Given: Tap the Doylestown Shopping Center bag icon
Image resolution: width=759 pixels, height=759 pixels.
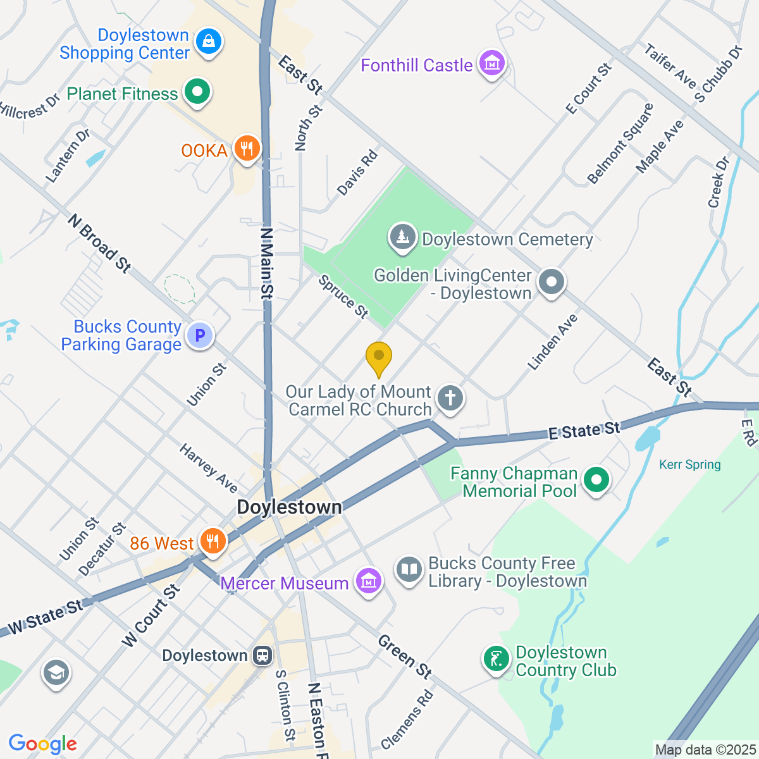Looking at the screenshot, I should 207,42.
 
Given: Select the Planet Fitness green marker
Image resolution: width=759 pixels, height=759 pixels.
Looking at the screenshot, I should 197,92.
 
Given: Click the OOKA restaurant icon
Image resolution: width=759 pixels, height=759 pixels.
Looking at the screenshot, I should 247,149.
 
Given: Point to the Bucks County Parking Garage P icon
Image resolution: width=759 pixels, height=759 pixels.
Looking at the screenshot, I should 200,335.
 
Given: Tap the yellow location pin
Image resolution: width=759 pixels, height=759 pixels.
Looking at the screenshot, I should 379,358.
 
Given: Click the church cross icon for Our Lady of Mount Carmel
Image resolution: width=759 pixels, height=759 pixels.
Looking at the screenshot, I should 450,399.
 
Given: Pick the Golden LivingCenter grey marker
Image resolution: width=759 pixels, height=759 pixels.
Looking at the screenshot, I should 552,283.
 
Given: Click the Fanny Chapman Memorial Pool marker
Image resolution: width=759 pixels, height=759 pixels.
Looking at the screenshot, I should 596,480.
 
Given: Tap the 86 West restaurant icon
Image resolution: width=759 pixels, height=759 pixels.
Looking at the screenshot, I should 213,542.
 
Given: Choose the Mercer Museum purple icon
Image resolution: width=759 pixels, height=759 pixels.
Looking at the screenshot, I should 368,581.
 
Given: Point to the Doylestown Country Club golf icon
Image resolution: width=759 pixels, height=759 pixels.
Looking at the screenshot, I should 497,660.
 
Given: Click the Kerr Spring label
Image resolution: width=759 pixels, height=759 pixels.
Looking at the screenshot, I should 689,465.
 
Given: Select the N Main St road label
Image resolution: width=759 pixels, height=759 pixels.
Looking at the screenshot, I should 267,263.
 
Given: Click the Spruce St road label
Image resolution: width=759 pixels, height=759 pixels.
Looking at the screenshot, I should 343,297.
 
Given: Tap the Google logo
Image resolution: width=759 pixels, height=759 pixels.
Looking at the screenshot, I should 42,744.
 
